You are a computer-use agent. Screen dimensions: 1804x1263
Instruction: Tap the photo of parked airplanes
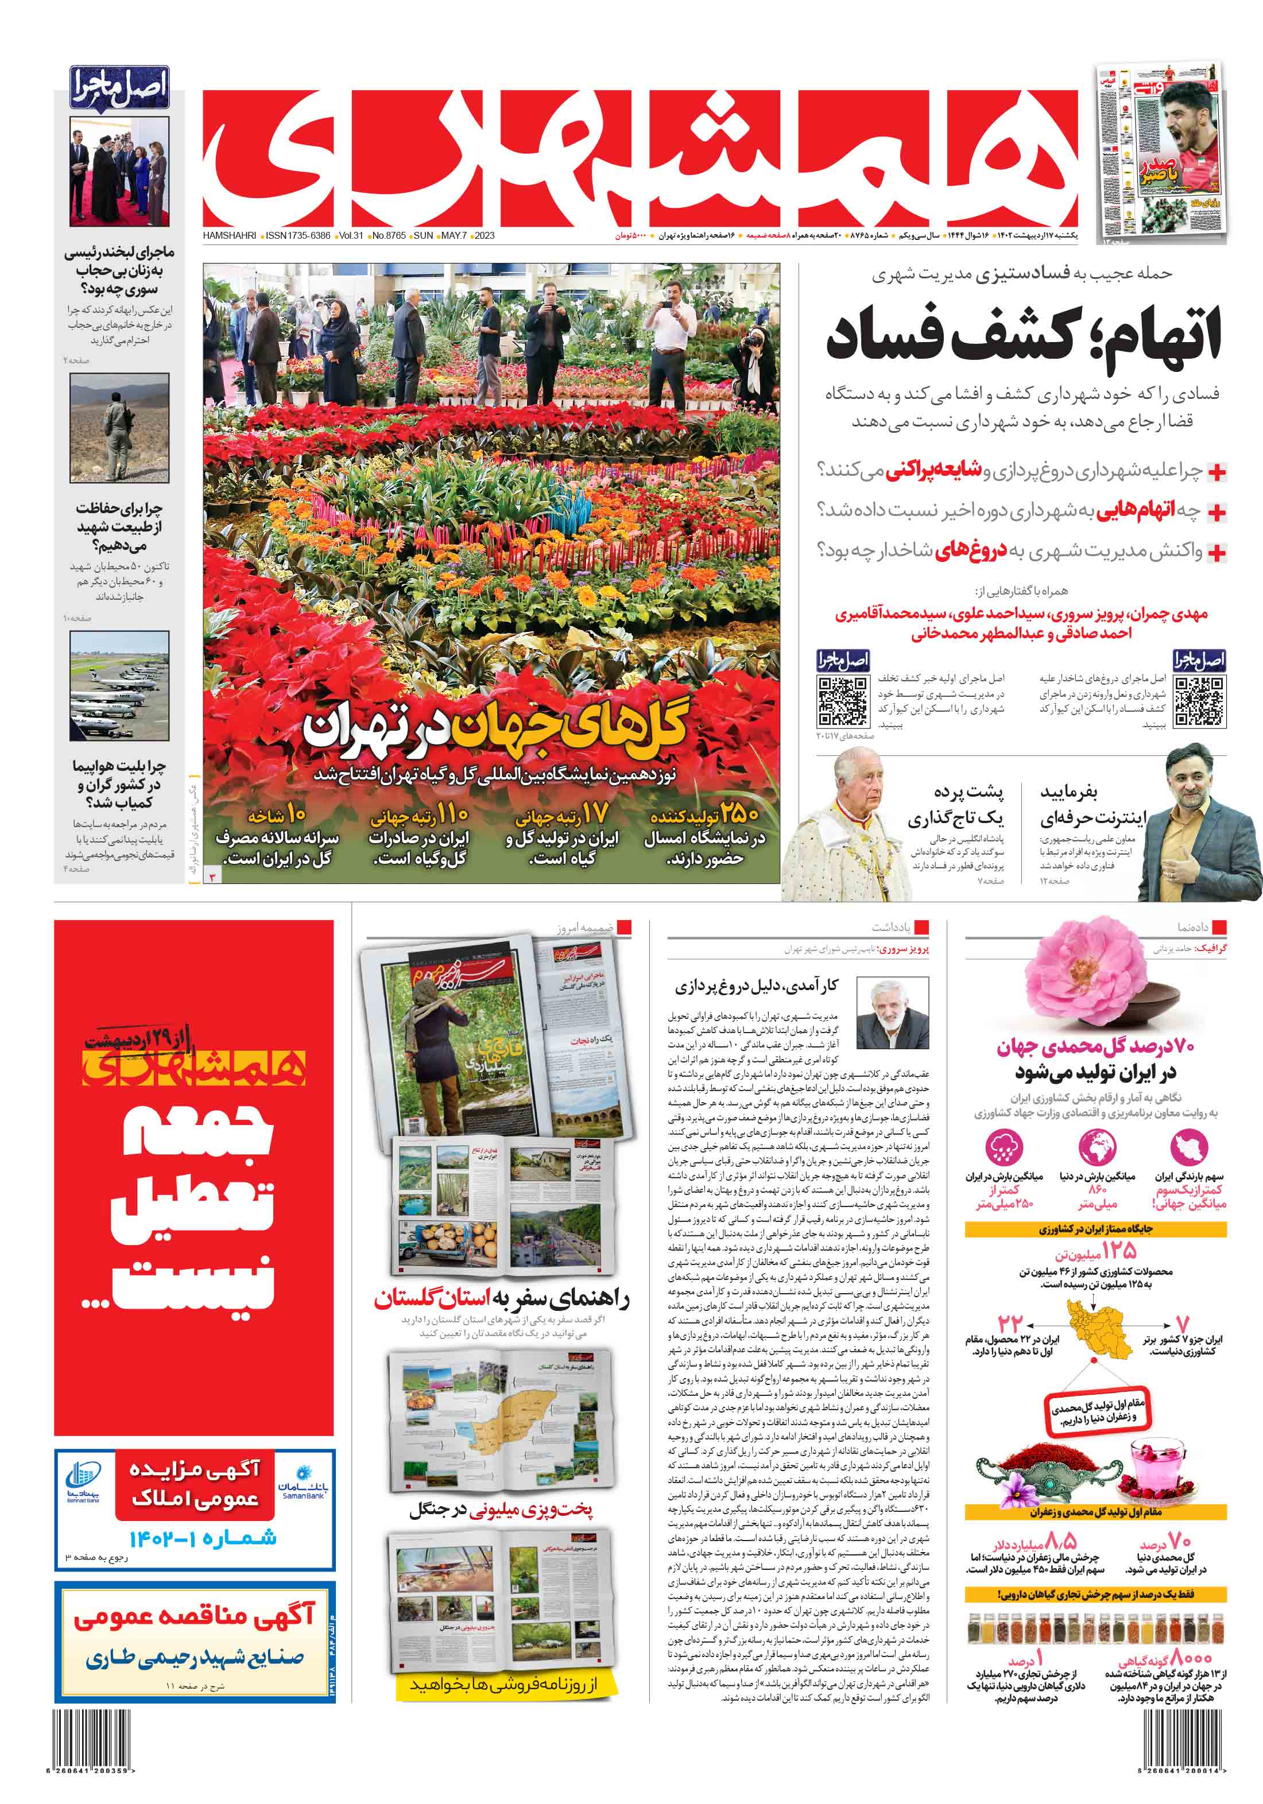point(119,686)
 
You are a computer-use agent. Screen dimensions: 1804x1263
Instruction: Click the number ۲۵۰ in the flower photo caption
point(739,814)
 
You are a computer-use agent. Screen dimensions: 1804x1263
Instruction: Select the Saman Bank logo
point(303,1483)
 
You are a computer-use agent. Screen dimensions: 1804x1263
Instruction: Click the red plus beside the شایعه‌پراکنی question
point(1216,472)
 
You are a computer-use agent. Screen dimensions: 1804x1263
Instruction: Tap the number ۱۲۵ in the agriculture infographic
point(1118,1250)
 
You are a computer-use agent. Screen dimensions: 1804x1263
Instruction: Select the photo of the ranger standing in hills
point(119,428)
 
